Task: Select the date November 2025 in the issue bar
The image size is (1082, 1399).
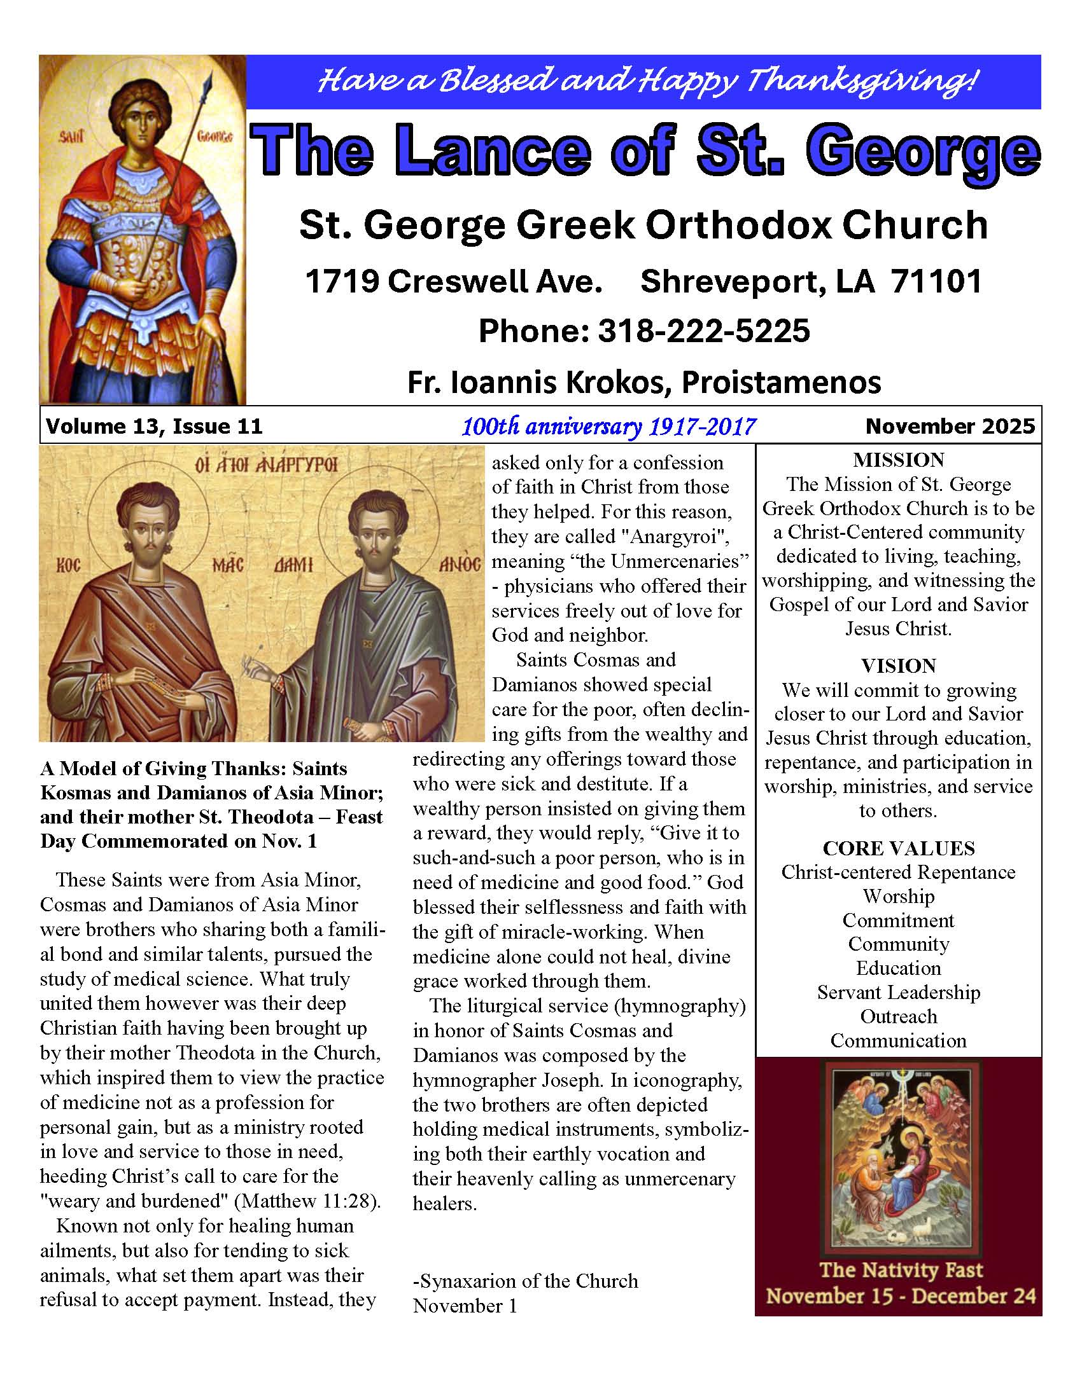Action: (x=950, y=426)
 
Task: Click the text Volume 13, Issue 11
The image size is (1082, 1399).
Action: (x=154, y=426)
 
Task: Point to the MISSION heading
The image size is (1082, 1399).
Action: (x=898, y=460)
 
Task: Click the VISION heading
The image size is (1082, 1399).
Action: (x=898, y=666)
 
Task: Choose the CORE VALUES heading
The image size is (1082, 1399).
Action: (x=898, y=848)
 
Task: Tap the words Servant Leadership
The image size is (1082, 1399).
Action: (x=898, y=992)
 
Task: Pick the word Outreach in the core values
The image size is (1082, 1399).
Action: (x=898, y=1017)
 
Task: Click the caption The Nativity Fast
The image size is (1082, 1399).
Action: (x=901, y=1269)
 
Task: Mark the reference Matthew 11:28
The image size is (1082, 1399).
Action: (x=305, y=1201)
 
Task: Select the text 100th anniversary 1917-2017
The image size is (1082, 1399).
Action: (x=608, y=427)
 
